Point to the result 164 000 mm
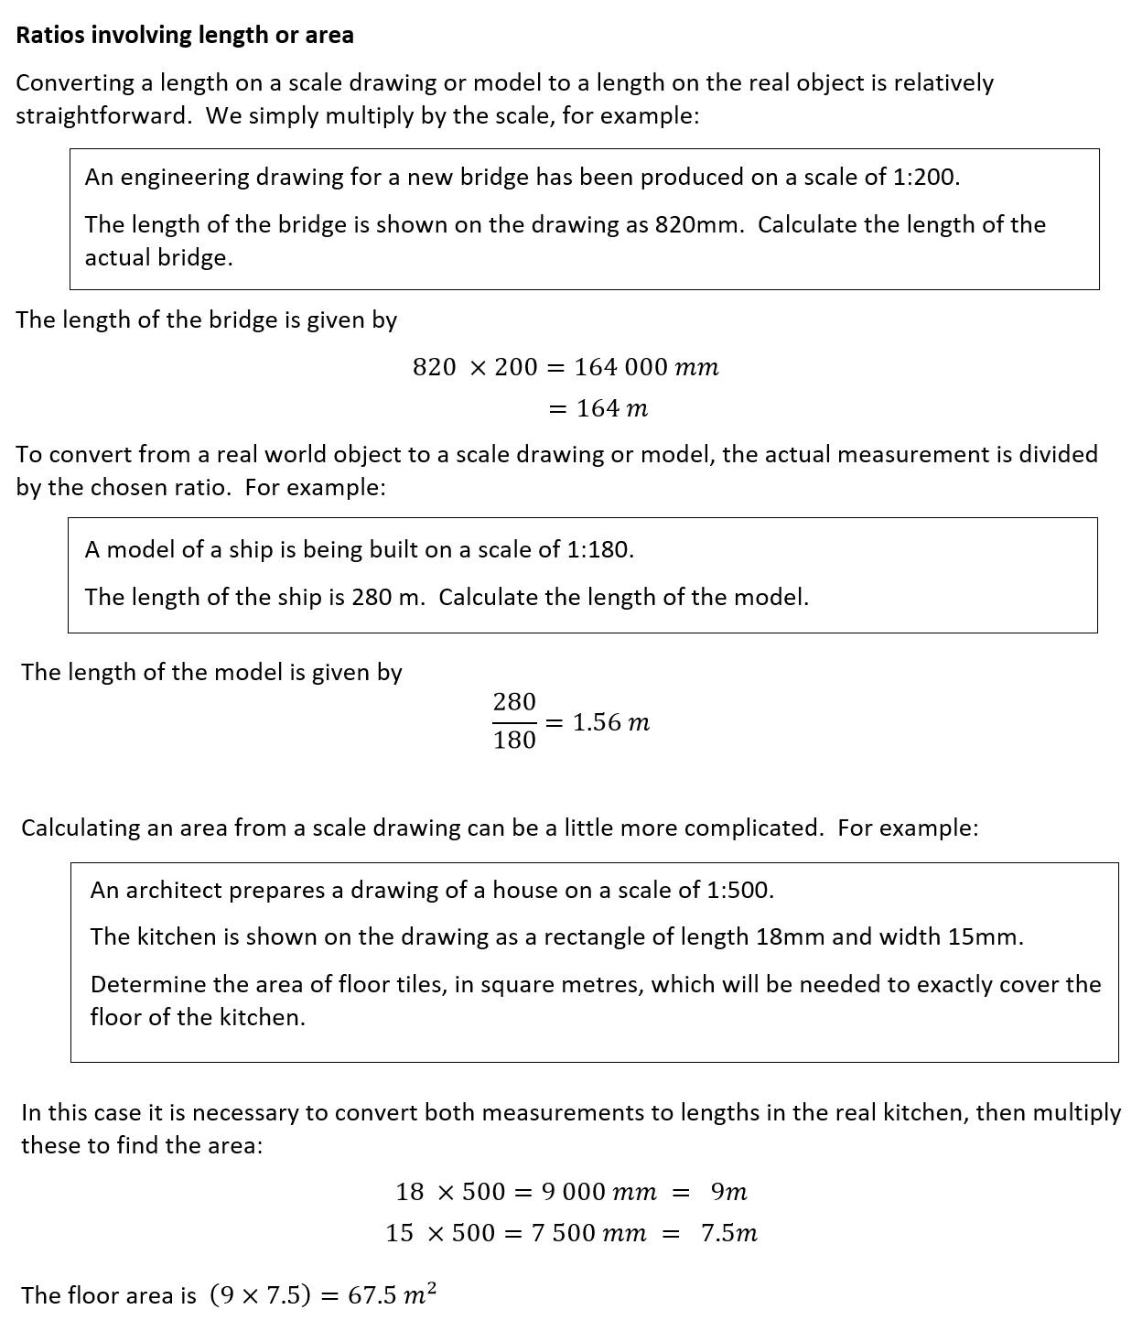click(646, 368)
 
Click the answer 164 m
click(612, 409)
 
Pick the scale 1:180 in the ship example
click(599, 550)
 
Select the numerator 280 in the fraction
click(514, 702)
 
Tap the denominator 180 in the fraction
click(514, 741)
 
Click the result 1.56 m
click(611, 722)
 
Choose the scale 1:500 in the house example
click(740, 890)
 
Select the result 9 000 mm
click(598, 1192)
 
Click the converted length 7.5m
click(729, 1233)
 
